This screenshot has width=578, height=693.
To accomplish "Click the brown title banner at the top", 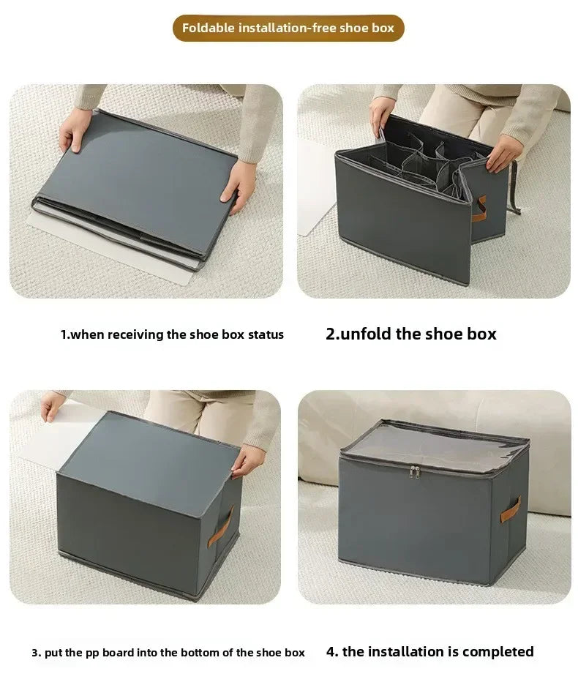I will coord(288,28).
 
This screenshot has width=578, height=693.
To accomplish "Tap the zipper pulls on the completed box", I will coord(415,473).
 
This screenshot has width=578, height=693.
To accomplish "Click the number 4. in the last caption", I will coord(332,651).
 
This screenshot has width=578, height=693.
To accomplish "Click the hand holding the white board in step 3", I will coord(53,405).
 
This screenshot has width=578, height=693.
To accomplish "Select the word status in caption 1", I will coord(266,335).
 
